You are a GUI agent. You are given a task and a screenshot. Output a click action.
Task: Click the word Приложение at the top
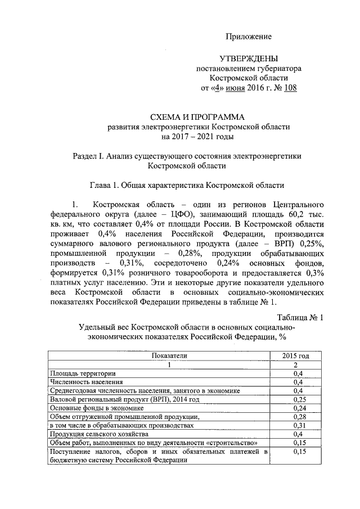click(248, 37)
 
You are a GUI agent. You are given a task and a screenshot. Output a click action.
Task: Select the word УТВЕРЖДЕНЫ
click(248, 58)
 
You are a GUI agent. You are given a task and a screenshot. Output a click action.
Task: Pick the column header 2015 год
click(299, 355)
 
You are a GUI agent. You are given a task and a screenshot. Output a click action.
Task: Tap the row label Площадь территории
click(83, 373)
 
